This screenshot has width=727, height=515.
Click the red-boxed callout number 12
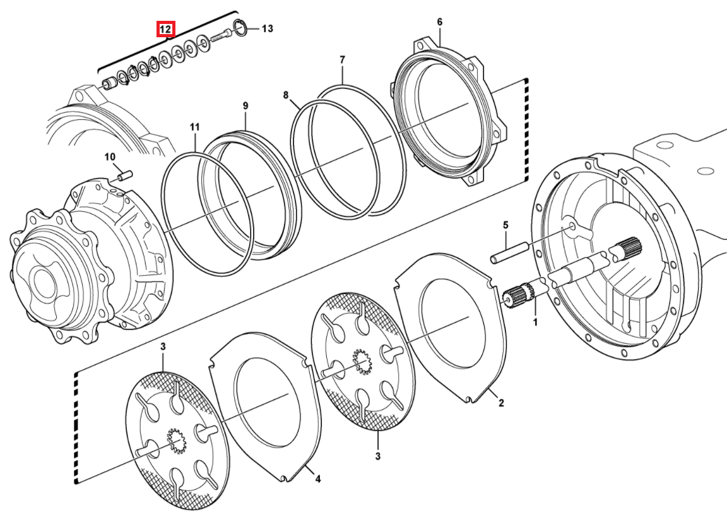click(x=165, y=30)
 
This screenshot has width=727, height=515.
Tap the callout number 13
click(x=267, y=29)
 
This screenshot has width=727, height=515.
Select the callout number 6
click(x=439, y=22)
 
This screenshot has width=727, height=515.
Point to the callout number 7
click(x=342, y=60)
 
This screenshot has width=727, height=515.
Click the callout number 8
click(x=286, y=95)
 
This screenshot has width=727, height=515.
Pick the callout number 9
click(x=245, y=105)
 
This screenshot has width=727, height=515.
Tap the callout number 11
click(x=195, y=127)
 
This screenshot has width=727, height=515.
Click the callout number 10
click(x=109, y=157)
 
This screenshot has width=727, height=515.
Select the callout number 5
click(x=505, y=225)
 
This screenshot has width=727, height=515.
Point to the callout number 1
click(x=535, y=321)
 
